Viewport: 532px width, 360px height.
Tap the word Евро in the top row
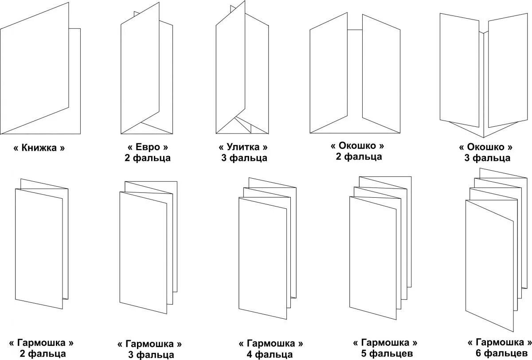click(x=148, y=147)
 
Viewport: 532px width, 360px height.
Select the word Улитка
click(x=244, y=147)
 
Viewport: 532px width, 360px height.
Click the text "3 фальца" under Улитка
click(x=244, y=158)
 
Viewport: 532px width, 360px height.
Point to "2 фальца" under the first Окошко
click(x=359, y=156)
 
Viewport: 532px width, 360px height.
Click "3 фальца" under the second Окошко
click(x=487, y=158)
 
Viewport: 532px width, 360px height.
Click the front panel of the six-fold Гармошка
click(x=489, y=266)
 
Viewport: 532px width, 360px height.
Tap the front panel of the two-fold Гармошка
click(x=39, y=248)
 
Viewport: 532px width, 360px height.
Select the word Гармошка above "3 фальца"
click(x=149, y=344)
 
